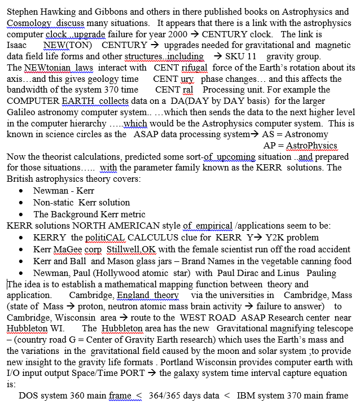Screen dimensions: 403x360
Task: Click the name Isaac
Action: pos(17,45)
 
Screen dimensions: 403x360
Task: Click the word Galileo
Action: pos(21,112)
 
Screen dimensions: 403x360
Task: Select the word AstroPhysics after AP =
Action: pos(311,146)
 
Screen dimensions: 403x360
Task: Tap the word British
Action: pos(21,179)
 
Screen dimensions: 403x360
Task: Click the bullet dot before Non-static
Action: pos(21,202)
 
